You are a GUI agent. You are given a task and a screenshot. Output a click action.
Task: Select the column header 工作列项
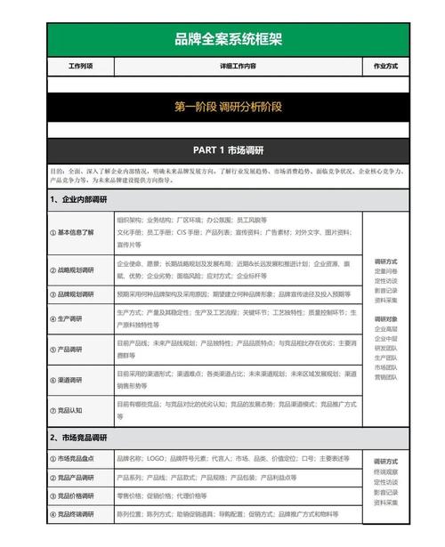click(80, 67)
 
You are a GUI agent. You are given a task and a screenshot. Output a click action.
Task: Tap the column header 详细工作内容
click(239, 67)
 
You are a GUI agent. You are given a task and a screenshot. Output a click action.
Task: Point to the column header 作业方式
click(385, 67)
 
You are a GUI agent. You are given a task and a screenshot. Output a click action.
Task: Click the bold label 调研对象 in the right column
click(385, 318)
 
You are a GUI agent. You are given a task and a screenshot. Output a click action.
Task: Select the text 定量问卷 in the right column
click(385, 271)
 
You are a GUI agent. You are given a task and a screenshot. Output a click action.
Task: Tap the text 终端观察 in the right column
click(385, 471)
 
